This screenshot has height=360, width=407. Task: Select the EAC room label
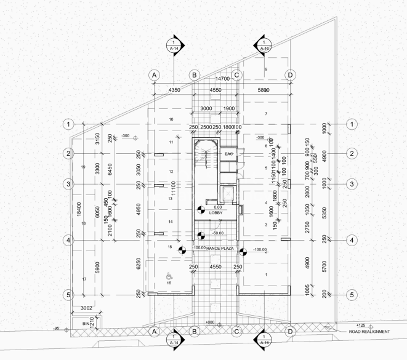pyautogui.click(x=228, y=153)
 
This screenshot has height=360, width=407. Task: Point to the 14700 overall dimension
pyautogui.click(x=222, y=79)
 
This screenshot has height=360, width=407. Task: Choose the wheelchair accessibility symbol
pyautogui.click(x=169, y=278)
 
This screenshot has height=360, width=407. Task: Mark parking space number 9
pyautogui.click(x=266, y=69)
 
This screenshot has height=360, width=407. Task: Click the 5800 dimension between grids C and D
pyautogui.click(x=263, y=91)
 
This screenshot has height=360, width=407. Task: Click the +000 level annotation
pyautogui.click(x=211, y=322)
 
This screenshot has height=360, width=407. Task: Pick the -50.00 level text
pyautogui.click(x=216, y=233)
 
